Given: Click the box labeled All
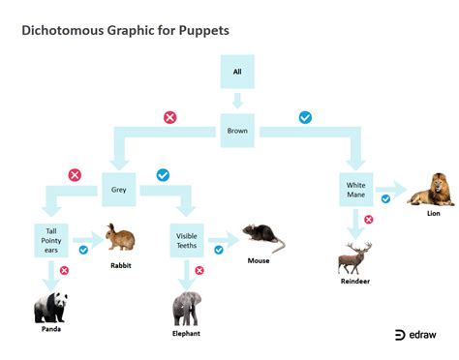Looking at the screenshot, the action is (237, 72).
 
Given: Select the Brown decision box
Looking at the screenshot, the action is (237, 131).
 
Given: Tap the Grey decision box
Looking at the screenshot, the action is (119, 190).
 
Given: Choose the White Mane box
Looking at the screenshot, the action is (356, 190).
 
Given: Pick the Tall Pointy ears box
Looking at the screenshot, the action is (51, 241).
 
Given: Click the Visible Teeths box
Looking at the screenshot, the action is (187, 241).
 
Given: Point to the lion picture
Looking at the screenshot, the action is (431, 190).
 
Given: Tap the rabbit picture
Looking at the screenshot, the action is (120, 237).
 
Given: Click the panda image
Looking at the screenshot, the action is (50, 308).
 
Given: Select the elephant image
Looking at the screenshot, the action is (187, 309).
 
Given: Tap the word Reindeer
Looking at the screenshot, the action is (355, 282).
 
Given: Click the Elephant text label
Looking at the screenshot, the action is (186, 334).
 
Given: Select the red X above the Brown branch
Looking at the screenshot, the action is (170, 117).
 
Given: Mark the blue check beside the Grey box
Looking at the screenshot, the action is (163, 175).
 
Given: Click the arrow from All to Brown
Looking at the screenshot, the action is (237, 101).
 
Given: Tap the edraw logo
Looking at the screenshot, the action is (415, 335).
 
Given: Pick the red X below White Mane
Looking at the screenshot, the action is (369, 220).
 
